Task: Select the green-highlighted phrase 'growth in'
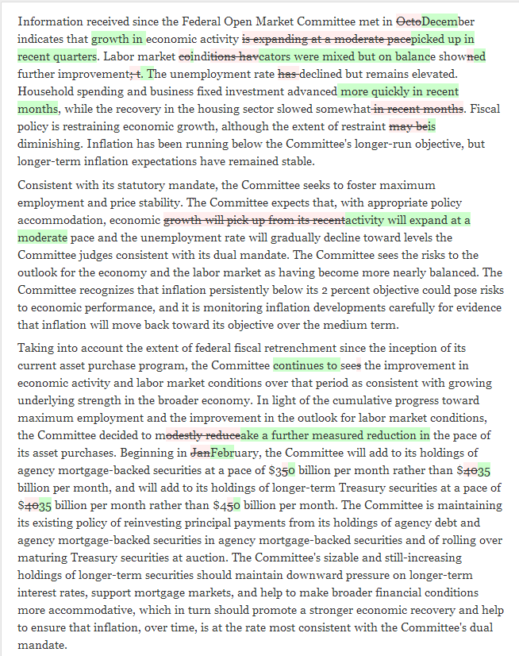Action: [117, 38]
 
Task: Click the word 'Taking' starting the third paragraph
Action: [36, 349]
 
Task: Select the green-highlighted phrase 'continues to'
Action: [306, 366]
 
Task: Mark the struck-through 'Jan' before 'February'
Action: [201, 453]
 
